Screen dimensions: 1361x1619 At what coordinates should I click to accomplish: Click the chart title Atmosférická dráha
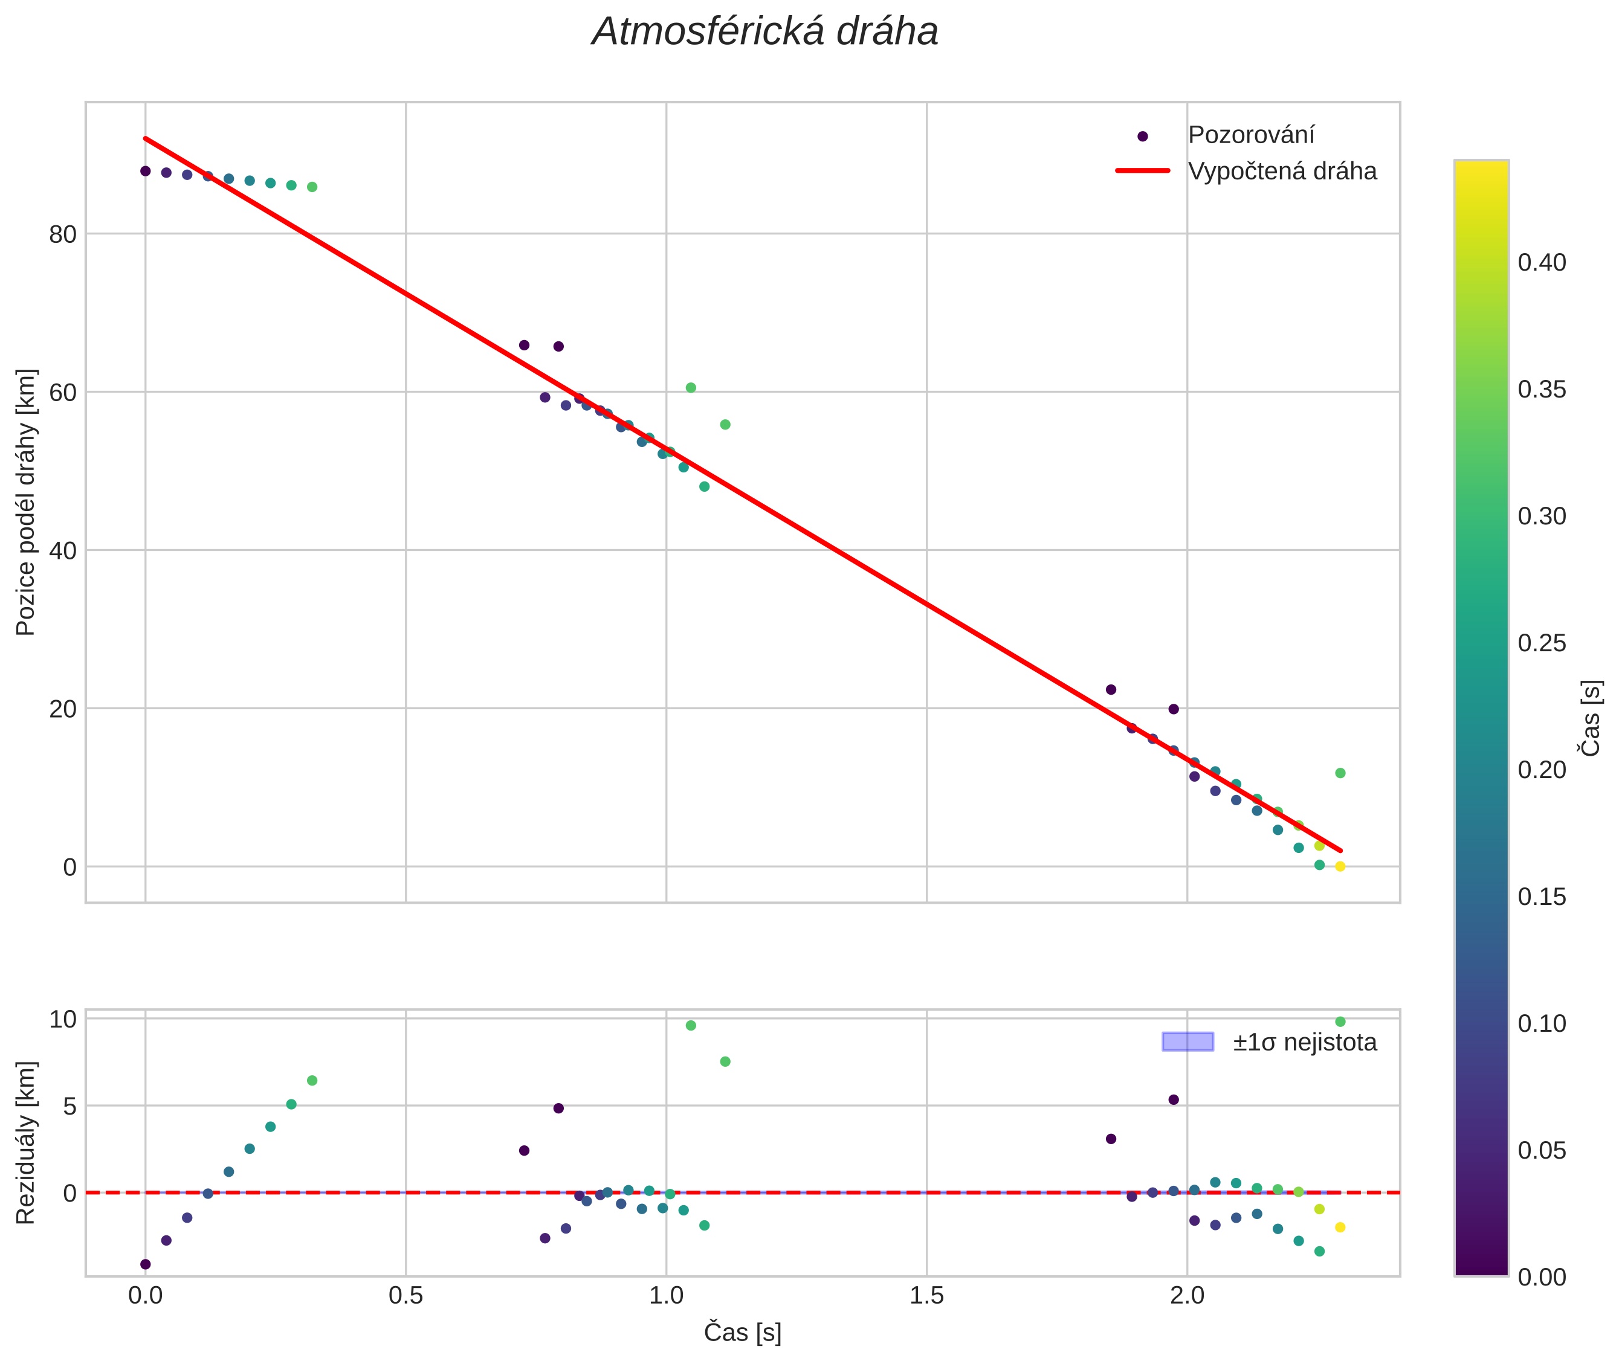pyautogui.click(x=764, y=33)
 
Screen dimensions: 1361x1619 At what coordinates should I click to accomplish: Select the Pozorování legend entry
pyautogui.click(x=1250, y=135)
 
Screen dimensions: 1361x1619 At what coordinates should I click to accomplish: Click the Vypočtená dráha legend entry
pyautogui.click(x=1282, y=172)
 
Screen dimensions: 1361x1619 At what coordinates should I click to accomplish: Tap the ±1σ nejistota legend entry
pyautogui.click(x=1304, y=1043)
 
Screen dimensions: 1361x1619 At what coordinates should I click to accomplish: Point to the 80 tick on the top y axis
pyautogui.click(x=63, y=234)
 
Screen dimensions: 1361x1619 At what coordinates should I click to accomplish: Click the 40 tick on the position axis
pyautogui.click(x=63, y=551)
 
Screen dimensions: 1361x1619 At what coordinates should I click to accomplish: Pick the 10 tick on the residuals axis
pyautogui.click(x=63, y=1019)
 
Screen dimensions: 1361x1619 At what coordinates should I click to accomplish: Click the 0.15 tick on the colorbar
pyautogui.click(x=1542, y=897)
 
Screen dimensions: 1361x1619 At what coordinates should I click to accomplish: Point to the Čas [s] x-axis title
pyautogui.click(x=742, y=1333)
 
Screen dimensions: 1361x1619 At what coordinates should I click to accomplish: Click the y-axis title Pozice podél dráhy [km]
pyautogui.click(x=26, y=502)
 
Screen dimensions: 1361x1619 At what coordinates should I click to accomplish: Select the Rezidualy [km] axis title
pyautogui.click(x=26, y=1143)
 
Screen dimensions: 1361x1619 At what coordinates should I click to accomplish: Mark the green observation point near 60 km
pyautogui.click(x=691, y=388)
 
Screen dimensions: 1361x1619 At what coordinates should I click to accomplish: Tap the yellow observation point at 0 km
pyautogui.click(x=1340, y=866)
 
